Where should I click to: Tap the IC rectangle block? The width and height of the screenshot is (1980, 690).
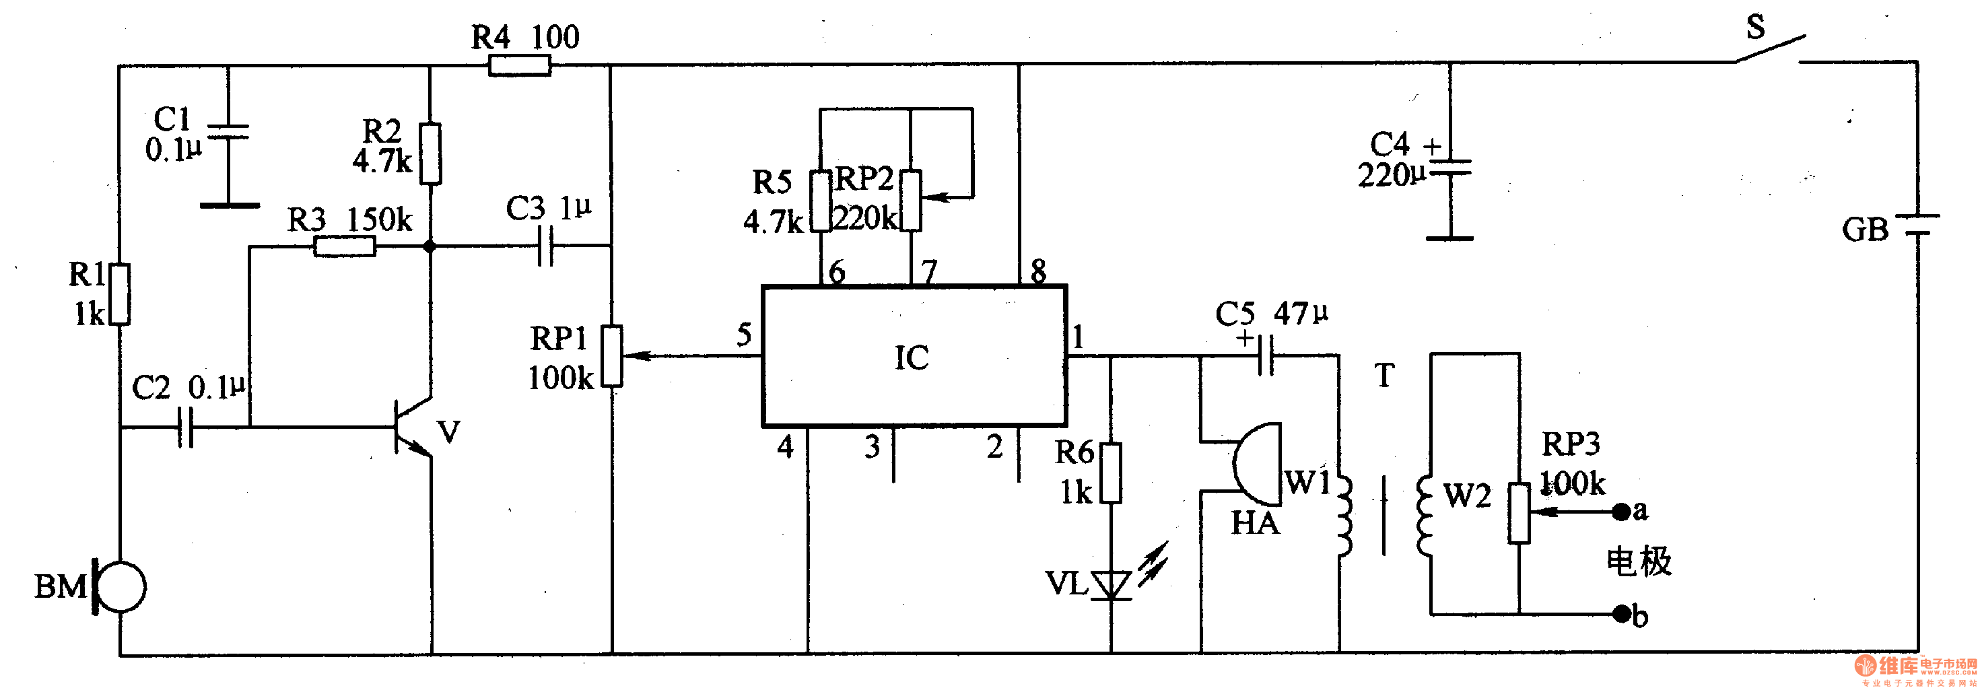(913, 357)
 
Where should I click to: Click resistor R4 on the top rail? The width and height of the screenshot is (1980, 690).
(520, 66)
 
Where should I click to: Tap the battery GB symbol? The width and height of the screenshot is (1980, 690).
(1917, 224)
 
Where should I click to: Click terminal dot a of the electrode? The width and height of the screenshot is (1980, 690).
(1621, 511)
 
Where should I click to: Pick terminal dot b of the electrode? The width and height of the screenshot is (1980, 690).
(1621, 613)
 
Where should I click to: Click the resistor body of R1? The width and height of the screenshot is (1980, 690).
(120, 294)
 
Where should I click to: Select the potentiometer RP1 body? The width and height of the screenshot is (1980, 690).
(612, 355)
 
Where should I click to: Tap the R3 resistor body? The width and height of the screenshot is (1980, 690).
(344, 246)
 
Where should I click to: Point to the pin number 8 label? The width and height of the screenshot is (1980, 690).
(1038, 271)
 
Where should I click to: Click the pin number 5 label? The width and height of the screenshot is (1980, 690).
(744, 335)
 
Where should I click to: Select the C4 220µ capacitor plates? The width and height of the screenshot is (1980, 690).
(1449, 168)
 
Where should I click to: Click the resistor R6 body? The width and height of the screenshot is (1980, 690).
(1111, 473)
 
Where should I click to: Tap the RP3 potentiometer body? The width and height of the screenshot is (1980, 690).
(1519, 512)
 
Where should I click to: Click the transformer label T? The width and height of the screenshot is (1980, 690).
(1384, 376)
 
